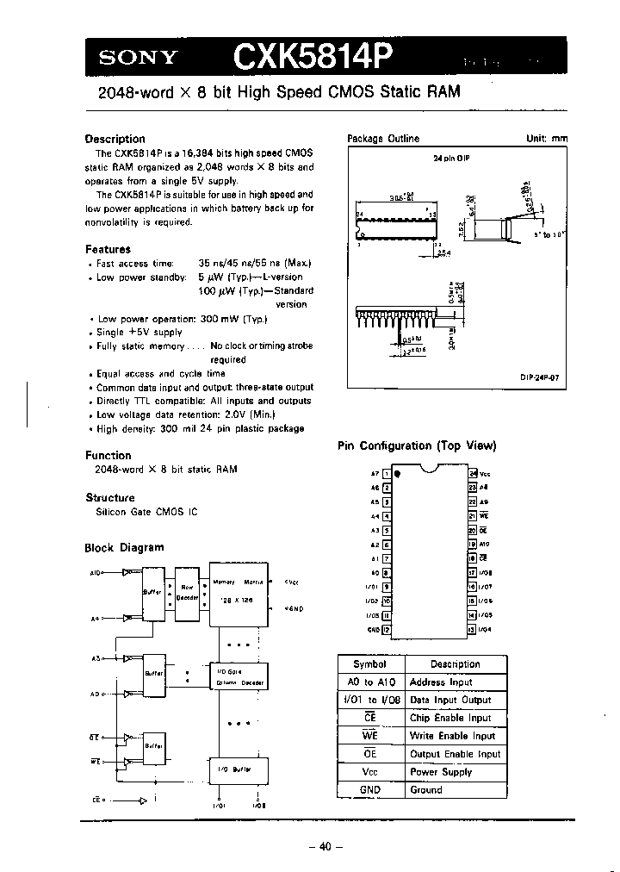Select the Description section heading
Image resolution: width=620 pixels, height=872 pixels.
coord(115,139)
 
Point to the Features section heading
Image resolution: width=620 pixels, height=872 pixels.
coord(108,249)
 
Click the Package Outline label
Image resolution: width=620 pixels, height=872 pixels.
coord(382,139)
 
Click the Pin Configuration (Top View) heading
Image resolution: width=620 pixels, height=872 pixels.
coord(416,445)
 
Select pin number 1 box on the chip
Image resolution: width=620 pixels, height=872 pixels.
coord(387,473)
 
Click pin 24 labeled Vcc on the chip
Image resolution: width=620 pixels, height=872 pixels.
coord(473,473)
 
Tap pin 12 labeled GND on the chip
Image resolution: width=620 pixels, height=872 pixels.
coord(387,629)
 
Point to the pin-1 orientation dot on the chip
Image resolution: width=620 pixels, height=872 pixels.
coord(397,473)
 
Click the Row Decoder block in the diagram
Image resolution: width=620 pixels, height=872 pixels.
coord(187,592)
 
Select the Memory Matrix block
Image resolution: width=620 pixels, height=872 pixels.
coord(237,593)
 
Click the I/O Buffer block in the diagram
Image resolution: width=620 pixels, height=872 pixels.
coord(237,769)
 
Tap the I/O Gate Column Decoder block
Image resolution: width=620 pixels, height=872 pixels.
coord(239,676)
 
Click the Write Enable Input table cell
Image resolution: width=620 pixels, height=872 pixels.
coord(453,736)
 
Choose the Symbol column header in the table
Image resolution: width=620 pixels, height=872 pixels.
coord(369,664)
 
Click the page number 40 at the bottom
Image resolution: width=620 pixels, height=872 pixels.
coord(325,846)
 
